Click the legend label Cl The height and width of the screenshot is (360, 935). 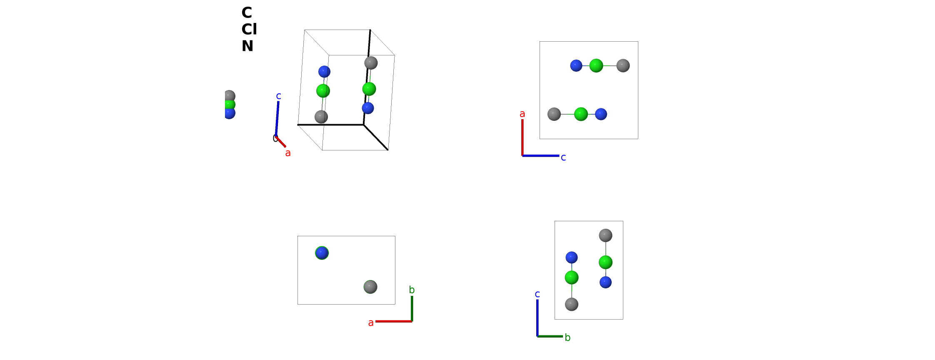pyautogui.click(x=249, y=29)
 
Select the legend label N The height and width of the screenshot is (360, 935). pyautogui.click(x=247, y=46)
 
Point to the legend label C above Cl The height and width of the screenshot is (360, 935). pyautogui.click(x=247, y=12)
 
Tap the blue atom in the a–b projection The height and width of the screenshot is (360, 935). pyautogui.click(x=322, y=253)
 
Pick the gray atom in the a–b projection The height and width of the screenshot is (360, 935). pyautogui.click(x=370, y=287)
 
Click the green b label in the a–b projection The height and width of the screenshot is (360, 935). pyautogui.click(x=412, y=290)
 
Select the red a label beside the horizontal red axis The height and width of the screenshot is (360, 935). pyautogui.click(x=371, y=322)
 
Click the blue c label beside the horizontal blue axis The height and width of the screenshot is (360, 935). pyautogui.click(x=563, y=157)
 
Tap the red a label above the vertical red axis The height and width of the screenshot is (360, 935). pyautogui.click(x=522, y=114)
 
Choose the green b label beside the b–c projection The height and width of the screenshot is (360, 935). pyautogui.click(x=567, y=337)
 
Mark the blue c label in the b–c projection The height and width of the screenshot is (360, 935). pyautogui.click(x=537, y=294)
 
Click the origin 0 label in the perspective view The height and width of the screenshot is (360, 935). pyautogui.click(x=275, y=138)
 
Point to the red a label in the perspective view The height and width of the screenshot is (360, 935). pyautogui.click(x=288, y=153)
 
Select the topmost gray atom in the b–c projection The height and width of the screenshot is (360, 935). pyautogui.click(x=605, y=235)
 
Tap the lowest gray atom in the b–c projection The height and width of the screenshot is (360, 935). pyautogui.click(x=572, y=304)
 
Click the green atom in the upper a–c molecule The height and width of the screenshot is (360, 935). pyautogui.click(x=596, y=66)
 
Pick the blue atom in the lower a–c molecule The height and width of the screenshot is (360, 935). pyautogui.click(x=601, y=114)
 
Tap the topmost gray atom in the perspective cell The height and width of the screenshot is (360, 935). pyautogui.click(x=371, y=63)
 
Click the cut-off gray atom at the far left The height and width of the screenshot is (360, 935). pyautogui.click(x=230, y=96)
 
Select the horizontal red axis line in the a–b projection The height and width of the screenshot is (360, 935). pyautogui.click(x=394, y=321)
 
